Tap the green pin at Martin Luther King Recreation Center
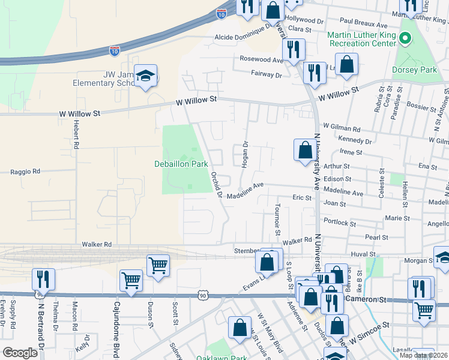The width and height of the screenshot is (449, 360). [405, 40]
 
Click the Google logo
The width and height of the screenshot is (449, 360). [20, 353]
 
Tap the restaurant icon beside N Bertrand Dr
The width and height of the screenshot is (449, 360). [43, 279]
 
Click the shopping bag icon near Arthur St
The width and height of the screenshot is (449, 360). [305, 149]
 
